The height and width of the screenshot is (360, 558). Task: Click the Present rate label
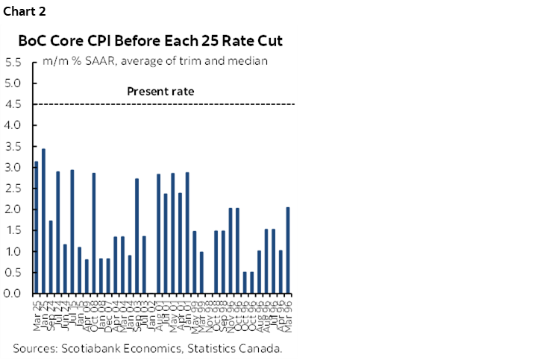[160, 92]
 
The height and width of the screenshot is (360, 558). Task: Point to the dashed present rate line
[224, 104]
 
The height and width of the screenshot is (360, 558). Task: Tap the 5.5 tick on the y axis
[13, 63]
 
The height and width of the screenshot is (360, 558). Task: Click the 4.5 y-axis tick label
[13, 104]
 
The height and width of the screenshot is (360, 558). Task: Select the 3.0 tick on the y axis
[13, 168]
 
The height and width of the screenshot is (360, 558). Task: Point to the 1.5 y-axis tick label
[13, 230]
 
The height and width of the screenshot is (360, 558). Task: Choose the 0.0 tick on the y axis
[13, 294]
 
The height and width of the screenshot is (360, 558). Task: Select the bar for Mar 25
[36, 227]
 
